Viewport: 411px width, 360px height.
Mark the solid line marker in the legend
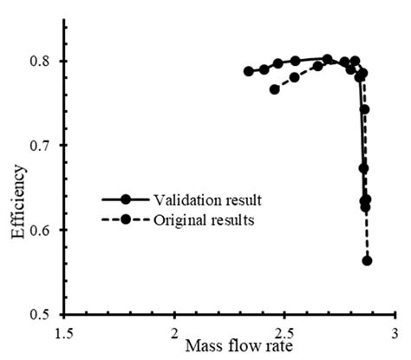click(125, 200)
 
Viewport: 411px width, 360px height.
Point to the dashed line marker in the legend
click(125, 220)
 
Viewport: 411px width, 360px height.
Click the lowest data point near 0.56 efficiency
click(367, 260)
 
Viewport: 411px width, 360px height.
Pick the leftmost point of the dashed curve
click(275, 89)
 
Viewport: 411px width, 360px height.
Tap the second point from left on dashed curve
click(295, 77)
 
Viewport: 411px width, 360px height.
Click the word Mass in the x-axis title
click(202, 346)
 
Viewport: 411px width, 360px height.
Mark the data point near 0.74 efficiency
click(364, 109)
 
